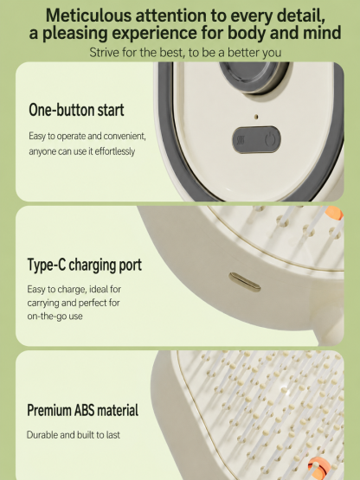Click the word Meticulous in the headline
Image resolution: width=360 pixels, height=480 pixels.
point(88,15)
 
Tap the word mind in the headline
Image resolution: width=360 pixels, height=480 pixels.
point(322,33)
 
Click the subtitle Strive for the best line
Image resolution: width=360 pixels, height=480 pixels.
point(185,53)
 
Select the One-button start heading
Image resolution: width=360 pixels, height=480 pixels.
point(76,110)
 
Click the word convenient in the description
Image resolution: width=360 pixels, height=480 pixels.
point(124,136)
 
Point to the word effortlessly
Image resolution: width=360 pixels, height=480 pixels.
point(114,151)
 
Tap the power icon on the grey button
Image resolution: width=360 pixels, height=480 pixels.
point(270,139)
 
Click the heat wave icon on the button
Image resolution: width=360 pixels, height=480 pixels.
point(241,140)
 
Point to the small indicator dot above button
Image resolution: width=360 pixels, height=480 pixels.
point(257,117)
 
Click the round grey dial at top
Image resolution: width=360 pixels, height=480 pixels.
point(254,75)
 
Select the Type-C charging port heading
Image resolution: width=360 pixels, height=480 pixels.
point(85,266)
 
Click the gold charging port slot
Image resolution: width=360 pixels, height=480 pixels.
point(245,282)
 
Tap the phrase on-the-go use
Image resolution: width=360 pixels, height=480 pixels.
point(55,317)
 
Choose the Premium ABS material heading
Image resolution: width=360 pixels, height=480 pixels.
point(83,410)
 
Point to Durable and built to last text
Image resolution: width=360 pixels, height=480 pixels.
point(74,435)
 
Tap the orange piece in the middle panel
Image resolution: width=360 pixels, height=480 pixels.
point(334,213)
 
